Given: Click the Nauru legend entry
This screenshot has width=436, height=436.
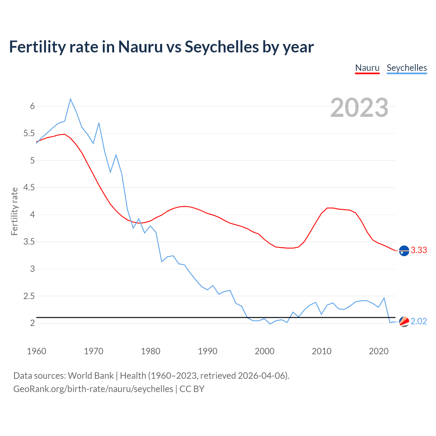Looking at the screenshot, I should pyautogui.click(x=367, y=68).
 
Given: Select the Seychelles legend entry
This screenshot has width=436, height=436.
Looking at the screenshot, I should pyautogui.click(x=407, y=68).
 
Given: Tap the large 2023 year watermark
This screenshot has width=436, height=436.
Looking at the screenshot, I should pyautogui.click(x=359, y=108).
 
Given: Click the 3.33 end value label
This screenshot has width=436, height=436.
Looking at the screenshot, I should pyautogui.click(x=419, y=250).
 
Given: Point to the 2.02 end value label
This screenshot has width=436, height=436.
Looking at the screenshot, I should pyautogui.click(x=419, y=321).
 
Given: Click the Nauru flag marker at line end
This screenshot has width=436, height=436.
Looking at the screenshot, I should pyautogui.click(x=404, y=250).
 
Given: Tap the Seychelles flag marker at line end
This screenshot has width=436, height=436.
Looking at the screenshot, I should pyautogui.click(x=404, y=322).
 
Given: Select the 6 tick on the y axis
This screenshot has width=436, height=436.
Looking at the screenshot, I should pyautogui.click(x=32, y=106).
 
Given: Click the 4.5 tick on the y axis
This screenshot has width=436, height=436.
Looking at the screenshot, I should pyautogui.click(x=29, y=188).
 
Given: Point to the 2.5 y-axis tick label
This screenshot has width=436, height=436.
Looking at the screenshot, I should pyautogui.click(x=29, y=296).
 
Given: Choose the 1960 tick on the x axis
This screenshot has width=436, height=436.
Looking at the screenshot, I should pyautogui.click(x=36, y=351).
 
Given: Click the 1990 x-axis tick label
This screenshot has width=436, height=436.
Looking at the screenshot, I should pyautogui.click(x=207, y=351).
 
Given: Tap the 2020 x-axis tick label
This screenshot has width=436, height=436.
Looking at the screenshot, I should pyautogui.click(x=378, y=351).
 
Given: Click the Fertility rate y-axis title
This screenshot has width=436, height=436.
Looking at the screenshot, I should pyautogui.click(x=14, y=211).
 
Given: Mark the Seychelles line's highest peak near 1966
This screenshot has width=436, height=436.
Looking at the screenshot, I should pyautogui.click(x=71, y=99).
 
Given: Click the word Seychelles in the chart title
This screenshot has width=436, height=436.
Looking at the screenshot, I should pyautogui.click(x=221, y=47).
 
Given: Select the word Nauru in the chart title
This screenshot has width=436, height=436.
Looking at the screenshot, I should pyautogui.click(x=140, y=47).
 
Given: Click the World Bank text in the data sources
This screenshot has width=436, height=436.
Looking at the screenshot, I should pyautogui.click(x=91, y=376).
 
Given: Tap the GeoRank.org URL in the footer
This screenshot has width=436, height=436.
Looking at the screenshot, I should pyautogui.click(x=93, y=389).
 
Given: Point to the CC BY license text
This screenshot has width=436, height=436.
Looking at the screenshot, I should pyautogui.click(x=192, y=389).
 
